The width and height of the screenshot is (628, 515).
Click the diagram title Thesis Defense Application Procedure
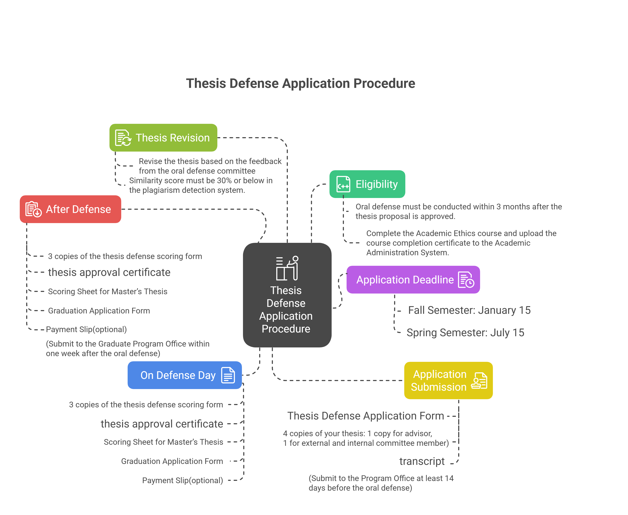300,83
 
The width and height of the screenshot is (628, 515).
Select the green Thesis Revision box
163,138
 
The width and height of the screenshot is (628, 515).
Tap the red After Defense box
70,209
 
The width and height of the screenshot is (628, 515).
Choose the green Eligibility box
367,184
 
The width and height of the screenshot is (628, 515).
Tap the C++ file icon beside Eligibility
343,184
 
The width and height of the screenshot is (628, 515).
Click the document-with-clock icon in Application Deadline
466,280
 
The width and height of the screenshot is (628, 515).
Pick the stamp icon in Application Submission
479,381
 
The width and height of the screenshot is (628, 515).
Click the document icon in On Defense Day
228,375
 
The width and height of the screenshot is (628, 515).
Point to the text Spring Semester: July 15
465,332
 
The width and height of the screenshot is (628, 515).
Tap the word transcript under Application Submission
422,461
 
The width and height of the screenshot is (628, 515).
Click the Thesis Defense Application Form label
365,416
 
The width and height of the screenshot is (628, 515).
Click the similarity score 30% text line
201,181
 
